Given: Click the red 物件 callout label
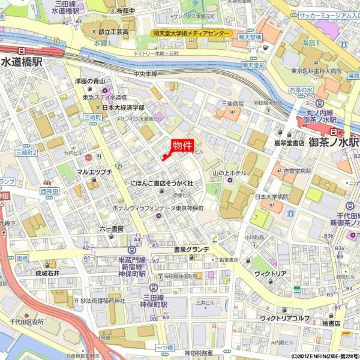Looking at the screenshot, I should click(182, 146).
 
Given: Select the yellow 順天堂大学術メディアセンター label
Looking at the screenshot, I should click(191, 34).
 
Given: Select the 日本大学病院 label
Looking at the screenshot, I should click(272, 197).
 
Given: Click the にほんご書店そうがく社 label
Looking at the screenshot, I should click(161, 182).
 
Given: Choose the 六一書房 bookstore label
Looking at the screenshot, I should click(111, 229).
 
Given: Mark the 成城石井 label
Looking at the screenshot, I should click(49, 272).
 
